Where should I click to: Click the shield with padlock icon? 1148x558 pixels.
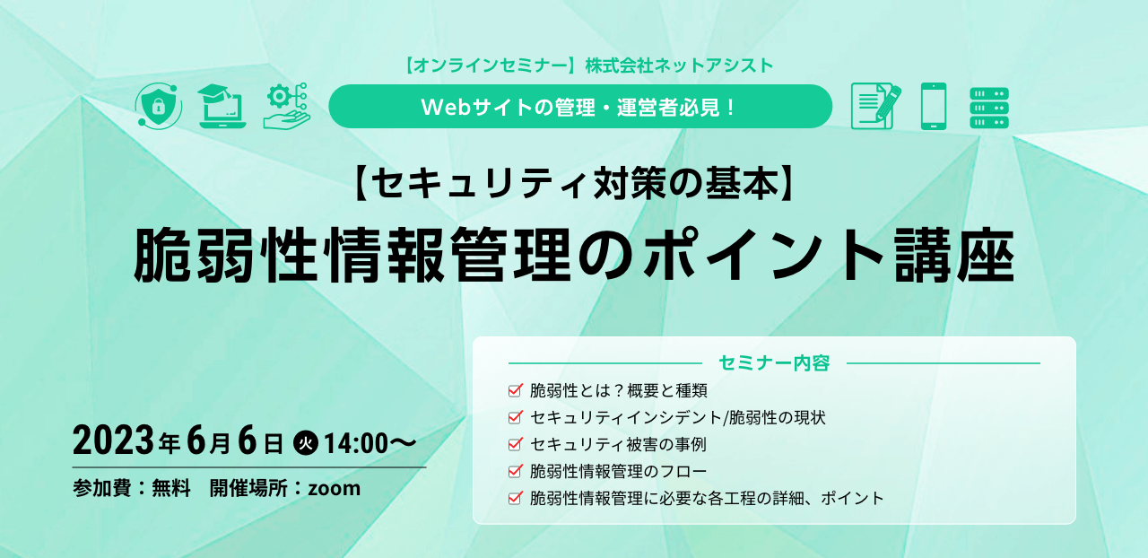(159, 106)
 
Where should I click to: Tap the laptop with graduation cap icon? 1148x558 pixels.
(222, 106)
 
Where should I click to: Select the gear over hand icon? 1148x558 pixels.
(287, 106)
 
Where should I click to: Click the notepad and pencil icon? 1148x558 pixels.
(875, 106)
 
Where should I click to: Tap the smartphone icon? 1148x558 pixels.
(934, 106)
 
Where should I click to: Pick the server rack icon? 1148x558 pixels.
(989, 108)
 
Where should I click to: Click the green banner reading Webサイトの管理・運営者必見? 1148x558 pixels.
(580, 106)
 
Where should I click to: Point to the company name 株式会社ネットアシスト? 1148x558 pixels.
(679, 65)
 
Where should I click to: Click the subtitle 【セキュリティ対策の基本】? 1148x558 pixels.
(575, 184)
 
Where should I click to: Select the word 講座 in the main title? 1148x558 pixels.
(954, 255)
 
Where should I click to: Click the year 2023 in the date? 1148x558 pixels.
(113, 440)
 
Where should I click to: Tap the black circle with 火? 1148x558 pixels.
(306, 443)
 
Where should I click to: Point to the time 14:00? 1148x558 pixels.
(356, 444)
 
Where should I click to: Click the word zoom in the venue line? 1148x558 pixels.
(335, 488)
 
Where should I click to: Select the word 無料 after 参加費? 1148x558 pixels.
(171, 488)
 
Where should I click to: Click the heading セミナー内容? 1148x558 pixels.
(774, 362)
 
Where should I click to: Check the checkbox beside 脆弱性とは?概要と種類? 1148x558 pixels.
(516, 390)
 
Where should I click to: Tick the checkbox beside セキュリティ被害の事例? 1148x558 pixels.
(516, 444)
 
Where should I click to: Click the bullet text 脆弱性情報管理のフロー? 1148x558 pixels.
(618, 471)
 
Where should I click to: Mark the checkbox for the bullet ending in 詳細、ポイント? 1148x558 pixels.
(516, 498)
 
